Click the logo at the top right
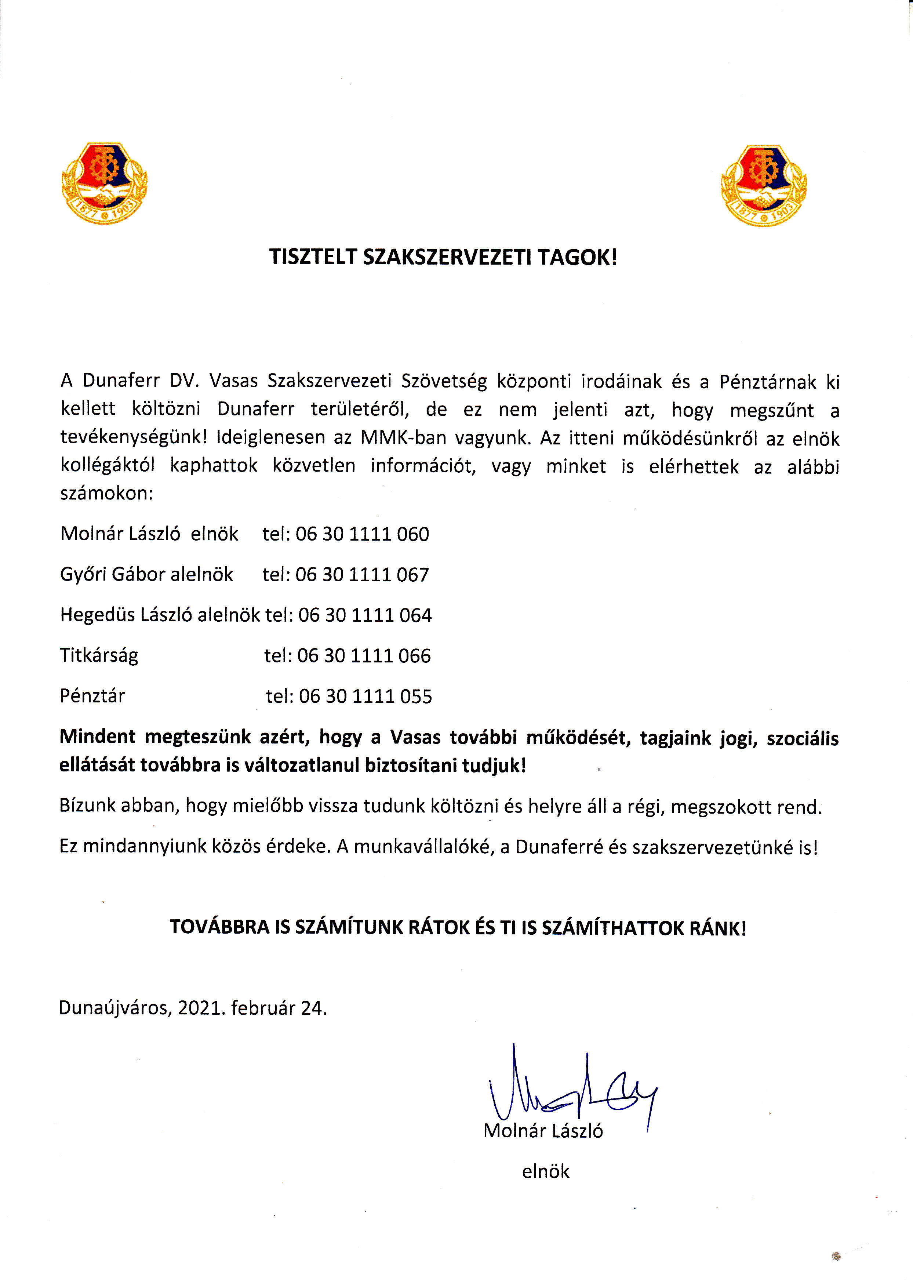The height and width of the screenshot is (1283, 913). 763,186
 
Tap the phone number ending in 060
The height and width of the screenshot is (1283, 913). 362,534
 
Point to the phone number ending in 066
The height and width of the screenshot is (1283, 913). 364,655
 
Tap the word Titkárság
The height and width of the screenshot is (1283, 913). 99,655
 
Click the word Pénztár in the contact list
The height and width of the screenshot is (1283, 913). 92,696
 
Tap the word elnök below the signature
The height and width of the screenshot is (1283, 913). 545,1171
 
